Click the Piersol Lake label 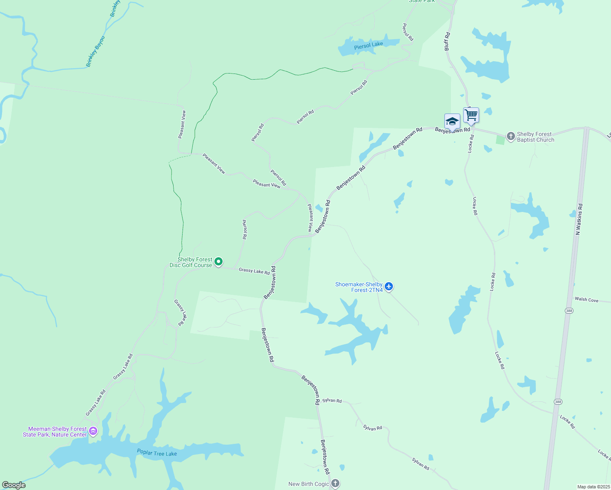tap(368, 45)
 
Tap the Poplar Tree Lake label tap(157, 453)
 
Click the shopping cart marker tap(471, 115)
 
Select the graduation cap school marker tap(452, 121)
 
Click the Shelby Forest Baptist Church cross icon tap(511, 136)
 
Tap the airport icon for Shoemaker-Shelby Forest tap(389, 287)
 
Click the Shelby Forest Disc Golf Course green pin tap(219, 261)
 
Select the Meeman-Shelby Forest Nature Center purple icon tap(93, 431)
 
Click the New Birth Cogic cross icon tap(335, 483)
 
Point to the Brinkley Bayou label tap(96, 51)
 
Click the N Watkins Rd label tap(579, 219)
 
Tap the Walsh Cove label tap(586, 300)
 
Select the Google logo tap(14, 485)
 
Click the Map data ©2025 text tap(593, 487)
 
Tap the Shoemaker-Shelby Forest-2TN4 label tap(359, 287)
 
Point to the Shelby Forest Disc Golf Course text tap(191, 262)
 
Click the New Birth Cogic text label tap(308, 484)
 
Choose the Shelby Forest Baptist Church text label tap(535, 137)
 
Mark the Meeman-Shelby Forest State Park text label tap(55, 432)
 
